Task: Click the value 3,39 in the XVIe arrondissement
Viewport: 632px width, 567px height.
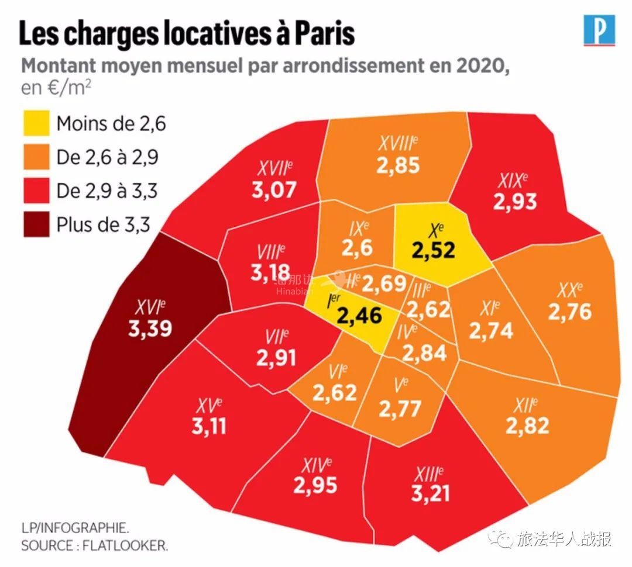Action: click(150, 329)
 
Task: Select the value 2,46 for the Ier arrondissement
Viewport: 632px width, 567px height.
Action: click(359, 316)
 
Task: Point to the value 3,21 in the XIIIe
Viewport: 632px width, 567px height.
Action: click(431, 493)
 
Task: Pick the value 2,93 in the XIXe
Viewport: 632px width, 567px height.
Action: click(515, 202)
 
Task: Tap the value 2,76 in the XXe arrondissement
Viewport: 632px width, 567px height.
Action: click(569, 312)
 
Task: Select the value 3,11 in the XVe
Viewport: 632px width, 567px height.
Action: click(209, 426)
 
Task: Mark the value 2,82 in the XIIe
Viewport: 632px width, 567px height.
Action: click(527, 426)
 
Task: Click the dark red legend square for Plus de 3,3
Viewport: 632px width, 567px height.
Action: click(36, 224)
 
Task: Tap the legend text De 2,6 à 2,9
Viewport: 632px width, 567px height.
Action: click(108, 157)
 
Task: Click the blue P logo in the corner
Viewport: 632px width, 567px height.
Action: click(600, 30)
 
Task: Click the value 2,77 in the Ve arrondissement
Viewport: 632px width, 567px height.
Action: click(400, 409)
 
